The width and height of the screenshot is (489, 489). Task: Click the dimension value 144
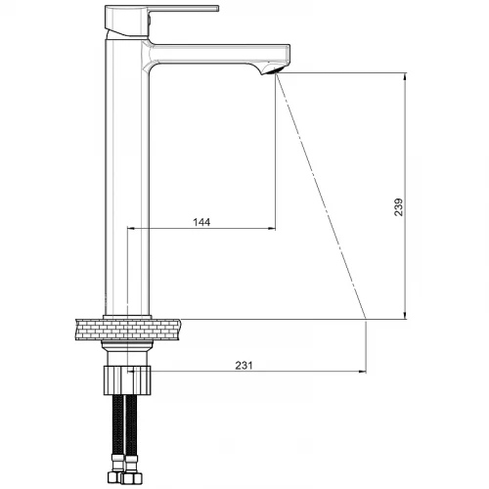201,222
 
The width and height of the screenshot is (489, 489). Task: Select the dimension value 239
398,207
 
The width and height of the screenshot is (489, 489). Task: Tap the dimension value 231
244,366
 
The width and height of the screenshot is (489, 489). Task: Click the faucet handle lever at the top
161,20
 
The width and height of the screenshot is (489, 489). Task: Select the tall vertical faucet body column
127,176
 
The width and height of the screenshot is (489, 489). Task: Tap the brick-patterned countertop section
128,330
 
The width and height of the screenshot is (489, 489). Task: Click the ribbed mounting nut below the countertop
127,380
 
